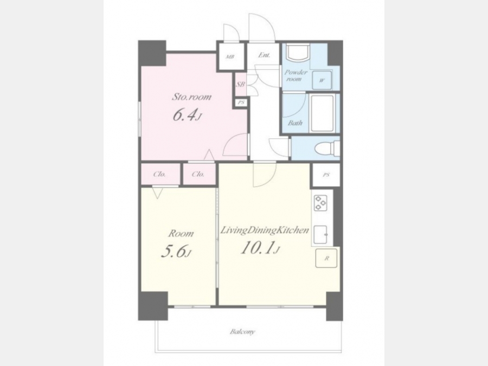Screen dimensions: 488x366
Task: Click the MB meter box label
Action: [230, 57]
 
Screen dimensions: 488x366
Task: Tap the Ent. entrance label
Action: [264, 55]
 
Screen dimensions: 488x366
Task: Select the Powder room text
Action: [296, 75]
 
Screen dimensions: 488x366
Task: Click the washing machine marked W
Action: [322, 80]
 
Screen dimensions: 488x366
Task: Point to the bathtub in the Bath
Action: [323, 113]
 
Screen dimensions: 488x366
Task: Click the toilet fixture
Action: [327, 148]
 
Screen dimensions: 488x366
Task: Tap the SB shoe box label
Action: [240, 84]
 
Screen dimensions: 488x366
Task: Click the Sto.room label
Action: [192, 97]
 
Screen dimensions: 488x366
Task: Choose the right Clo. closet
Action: [199, 174]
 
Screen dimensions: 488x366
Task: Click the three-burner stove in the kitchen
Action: [320, 203]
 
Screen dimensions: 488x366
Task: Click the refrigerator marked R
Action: [326, 258]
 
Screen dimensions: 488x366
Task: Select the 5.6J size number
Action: [176, 252]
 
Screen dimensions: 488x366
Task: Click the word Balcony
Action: [242, 331]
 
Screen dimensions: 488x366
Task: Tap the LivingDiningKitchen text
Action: [265, 230]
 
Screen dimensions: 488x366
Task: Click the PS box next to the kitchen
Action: [326, 175]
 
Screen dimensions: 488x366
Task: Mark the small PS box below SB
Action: [241, 102]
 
